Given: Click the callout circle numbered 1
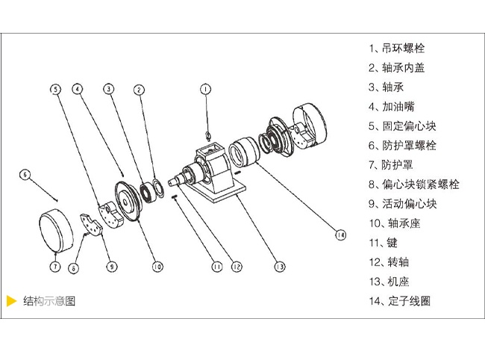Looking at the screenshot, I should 206,90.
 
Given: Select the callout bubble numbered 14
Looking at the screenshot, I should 340,235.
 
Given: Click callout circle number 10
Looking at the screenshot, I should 157,266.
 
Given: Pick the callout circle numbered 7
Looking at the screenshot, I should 55,266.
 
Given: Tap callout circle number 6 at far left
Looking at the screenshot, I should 25,175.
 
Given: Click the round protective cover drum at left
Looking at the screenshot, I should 57,231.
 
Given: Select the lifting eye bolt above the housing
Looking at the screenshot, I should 207,135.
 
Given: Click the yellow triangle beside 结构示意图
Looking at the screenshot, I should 11,302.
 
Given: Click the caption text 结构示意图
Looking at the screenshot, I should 49,302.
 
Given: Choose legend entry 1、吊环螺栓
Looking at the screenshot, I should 396,49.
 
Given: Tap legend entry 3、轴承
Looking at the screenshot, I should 386,87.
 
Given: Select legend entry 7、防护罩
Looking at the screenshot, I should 391,165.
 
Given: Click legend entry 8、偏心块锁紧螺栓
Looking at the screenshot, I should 413,184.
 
